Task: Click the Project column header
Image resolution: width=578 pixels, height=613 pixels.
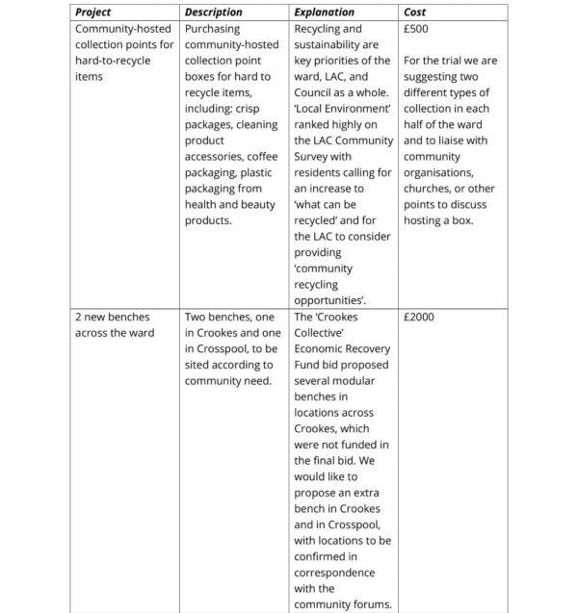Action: (93, 13)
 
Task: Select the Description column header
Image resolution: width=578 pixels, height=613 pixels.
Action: (213, 13)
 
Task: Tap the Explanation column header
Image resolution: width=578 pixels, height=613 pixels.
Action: (324, 13)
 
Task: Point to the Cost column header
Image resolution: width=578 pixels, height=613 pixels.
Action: (415, 13)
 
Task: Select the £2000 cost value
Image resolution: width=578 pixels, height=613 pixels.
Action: (420, 316)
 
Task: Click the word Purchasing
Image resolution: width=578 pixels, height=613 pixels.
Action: (213, 29)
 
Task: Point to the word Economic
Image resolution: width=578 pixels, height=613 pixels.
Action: (322, 347)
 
